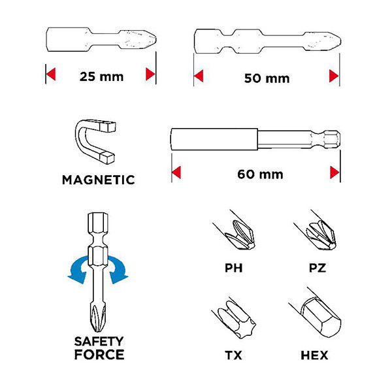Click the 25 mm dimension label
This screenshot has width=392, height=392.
(101, 76)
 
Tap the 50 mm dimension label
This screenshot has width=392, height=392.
(267, 78)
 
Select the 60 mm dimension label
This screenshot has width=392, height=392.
(260, 174)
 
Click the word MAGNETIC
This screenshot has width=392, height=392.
(98, 180)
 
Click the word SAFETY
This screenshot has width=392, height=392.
(99, 342)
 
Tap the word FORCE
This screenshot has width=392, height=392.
(99, 355)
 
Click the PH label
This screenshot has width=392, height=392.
(233, 268)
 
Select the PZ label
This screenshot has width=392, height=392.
(318, 268)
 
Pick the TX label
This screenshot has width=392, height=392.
(233, 355)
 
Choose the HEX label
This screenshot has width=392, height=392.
(314, 355)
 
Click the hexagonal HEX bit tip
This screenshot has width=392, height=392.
(321, 317)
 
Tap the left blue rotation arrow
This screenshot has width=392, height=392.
(78, 269)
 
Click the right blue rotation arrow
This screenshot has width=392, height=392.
(118, 269)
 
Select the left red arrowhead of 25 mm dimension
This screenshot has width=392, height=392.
(51, 74)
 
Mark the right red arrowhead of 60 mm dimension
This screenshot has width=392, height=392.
(335, 172)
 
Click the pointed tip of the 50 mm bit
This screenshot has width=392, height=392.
(340, 41)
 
